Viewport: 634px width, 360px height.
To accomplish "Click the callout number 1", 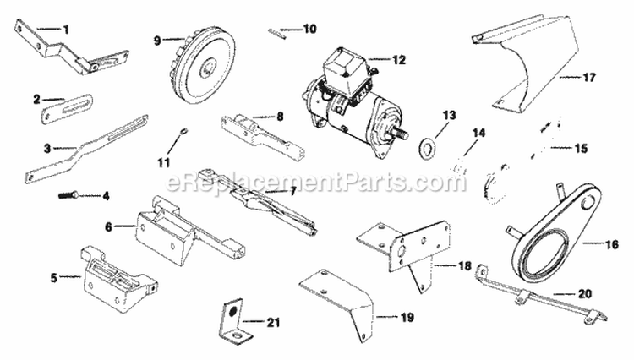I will pos(66,28).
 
